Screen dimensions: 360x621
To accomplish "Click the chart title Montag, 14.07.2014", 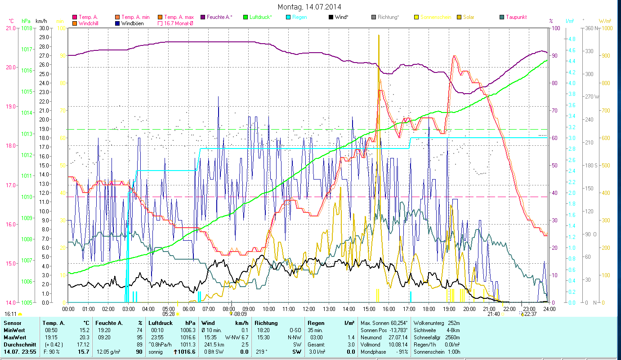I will pos(309,7).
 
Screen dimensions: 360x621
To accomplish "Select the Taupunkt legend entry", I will pos(516,17).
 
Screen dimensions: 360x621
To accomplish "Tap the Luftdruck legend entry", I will pos(261,17).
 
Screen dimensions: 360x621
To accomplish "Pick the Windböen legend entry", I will pos(133,23).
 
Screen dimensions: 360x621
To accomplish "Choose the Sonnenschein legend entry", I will pos(435,17).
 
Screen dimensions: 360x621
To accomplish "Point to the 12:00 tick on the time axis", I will pos(309,309).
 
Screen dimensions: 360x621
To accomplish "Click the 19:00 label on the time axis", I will pos(449,309).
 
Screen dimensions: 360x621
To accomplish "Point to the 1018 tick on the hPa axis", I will pos(26,28).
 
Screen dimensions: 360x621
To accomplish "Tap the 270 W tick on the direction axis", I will pos(590,97).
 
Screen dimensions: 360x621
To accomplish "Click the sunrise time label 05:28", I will pos(168,314).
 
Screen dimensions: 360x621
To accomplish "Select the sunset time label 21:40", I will pos(494,314).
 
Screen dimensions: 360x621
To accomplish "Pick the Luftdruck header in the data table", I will pos(160,323).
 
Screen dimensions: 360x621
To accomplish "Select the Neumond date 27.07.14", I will pos(398,337).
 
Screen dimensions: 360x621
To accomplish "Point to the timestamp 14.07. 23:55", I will pos(20,351).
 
